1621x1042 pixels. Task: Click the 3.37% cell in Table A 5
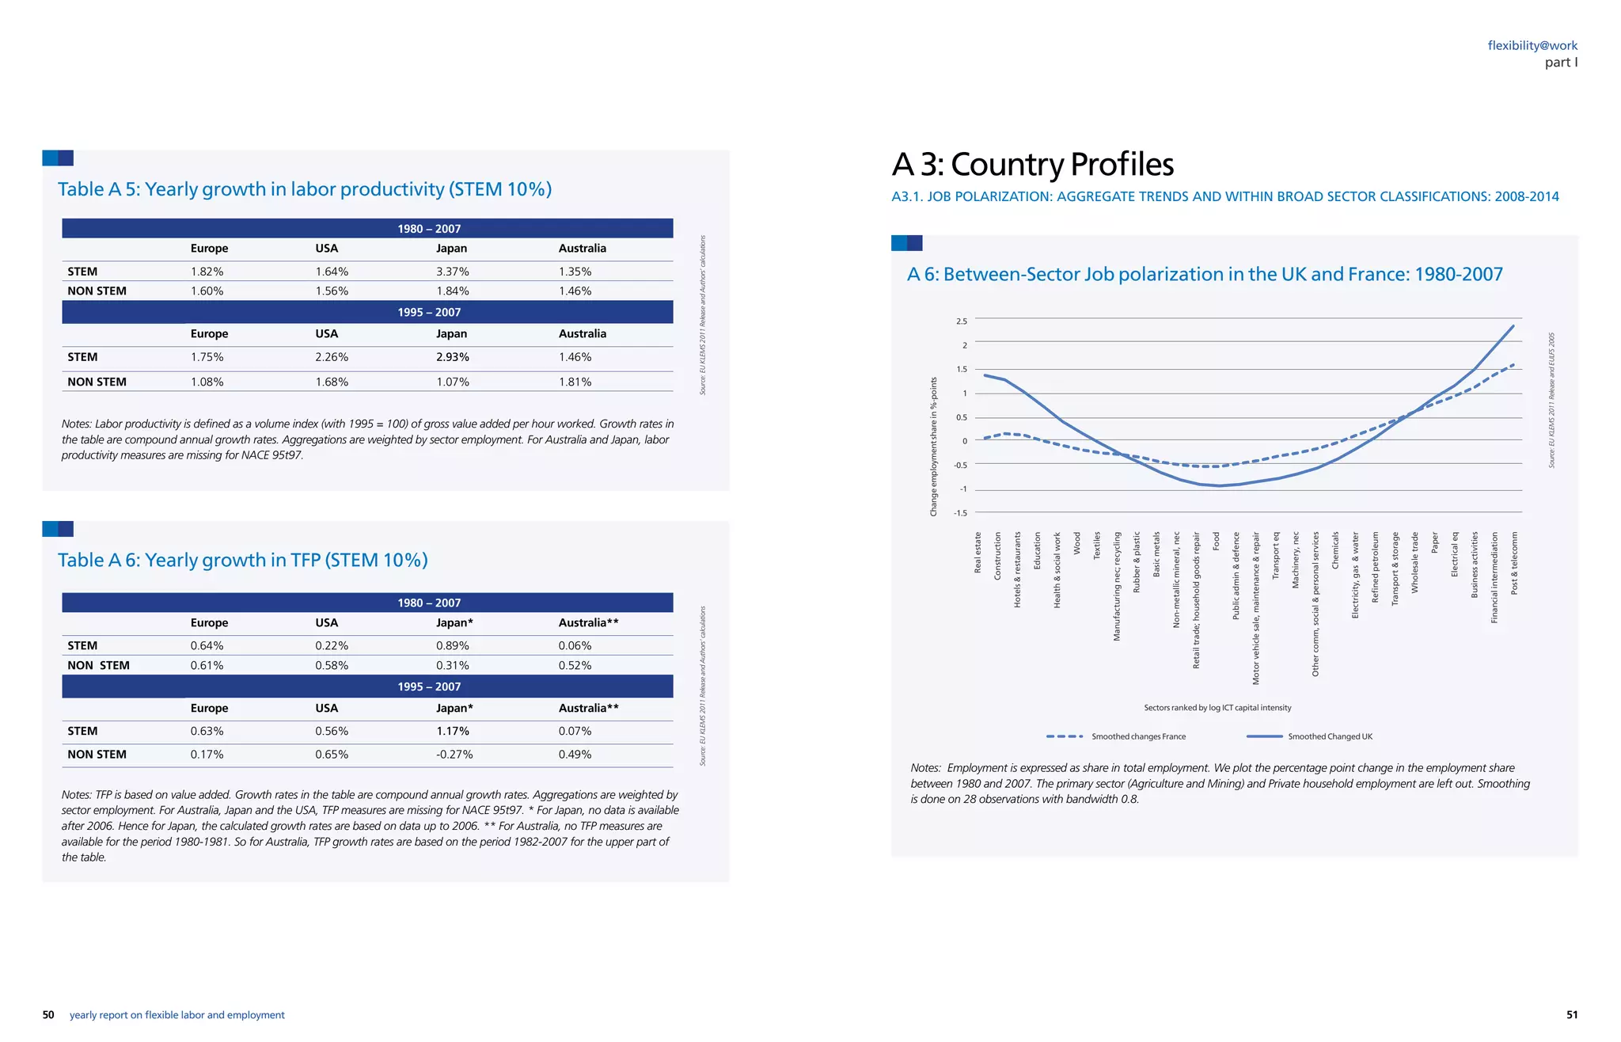point(452,272)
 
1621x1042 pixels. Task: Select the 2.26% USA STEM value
point(332,357)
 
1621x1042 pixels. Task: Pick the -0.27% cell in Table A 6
point(454,755)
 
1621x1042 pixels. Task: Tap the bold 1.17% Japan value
point(452,732)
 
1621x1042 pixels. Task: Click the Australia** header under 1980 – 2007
point(588,623)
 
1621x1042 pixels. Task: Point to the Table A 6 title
point(242,561)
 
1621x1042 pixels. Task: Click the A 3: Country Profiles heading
point(1032,165)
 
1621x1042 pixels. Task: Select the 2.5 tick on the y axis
point(961,321)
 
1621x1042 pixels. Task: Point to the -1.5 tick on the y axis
point(960,513)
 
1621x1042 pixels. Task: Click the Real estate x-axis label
point(978,553)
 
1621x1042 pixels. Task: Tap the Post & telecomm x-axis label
point(1514,563)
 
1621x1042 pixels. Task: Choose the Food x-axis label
point(1217,541)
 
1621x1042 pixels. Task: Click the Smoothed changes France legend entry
point(1138,737)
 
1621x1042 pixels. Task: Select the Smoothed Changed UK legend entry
point(1330,737)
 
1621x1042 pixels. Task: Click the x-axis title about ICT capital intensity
point(1217,708)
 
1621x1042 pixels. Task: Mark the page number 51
point(1572,1015)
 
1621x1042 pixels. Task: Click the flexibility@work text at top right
point(1532,46)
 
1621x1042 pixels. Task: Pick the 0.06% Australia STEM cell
point(575,646)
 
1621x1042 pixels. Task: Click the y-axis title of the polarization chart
point(933,447)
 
